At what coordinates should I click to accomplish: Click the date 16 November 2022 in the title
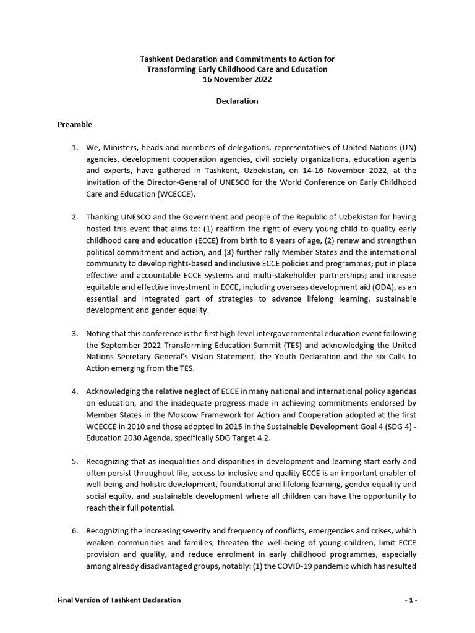[x=237, y=79]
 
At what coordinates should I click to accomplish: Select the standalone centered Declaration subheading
[x=237, y=101]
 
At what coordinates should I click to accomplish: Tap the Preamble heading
[x=75, y=124]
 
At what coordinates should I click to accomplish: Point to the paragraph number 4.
[x=74, y=392]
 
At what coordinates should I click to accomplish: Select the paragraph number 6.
[x=74, y=531]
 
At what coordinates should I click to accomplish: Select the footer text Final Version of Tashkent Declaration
[x=119, y=600]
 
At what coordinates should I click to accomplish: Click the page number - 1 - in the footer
[x=411, y=600]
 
